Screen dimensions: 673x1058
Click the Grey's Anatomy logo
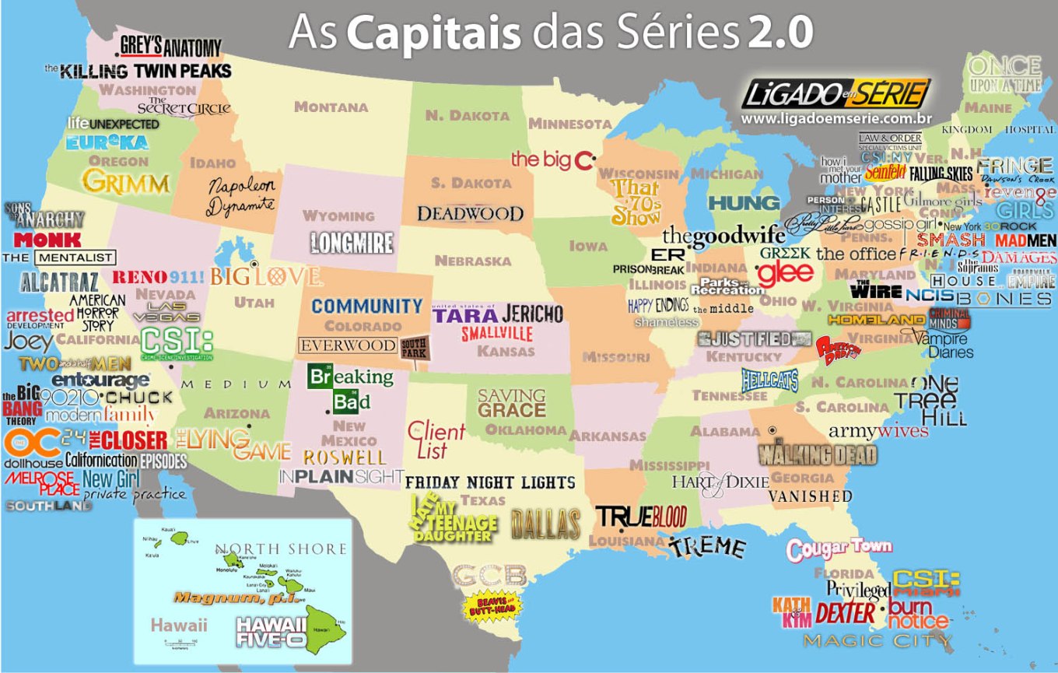pos(170,47)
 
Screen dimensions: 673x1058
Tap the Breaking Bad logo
pos(350,388)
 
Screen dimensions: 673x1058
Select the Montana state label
pos(331,107)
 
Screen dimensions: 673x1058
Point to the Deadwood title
pos(470,213)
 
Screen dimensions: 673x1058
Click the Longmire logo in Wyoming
pos(352,243)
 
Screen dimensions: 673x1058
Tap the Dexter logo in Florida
pos(846,613)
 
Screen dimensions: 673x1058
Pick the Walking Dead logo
pos(818,454)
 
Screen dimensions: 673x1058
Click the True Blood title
pos(641,517)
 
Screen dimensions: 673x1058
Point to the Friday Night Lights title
pos(490,482)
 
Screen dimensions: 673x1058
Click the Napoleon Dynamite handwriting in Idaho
pos(241,196)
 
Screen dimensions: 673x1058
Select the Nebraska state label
pos(473,261)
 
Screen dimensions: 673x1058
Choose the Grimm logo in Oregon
pos(126,182)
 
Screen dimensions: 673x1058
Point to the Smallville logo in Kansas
pos(496,334)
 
